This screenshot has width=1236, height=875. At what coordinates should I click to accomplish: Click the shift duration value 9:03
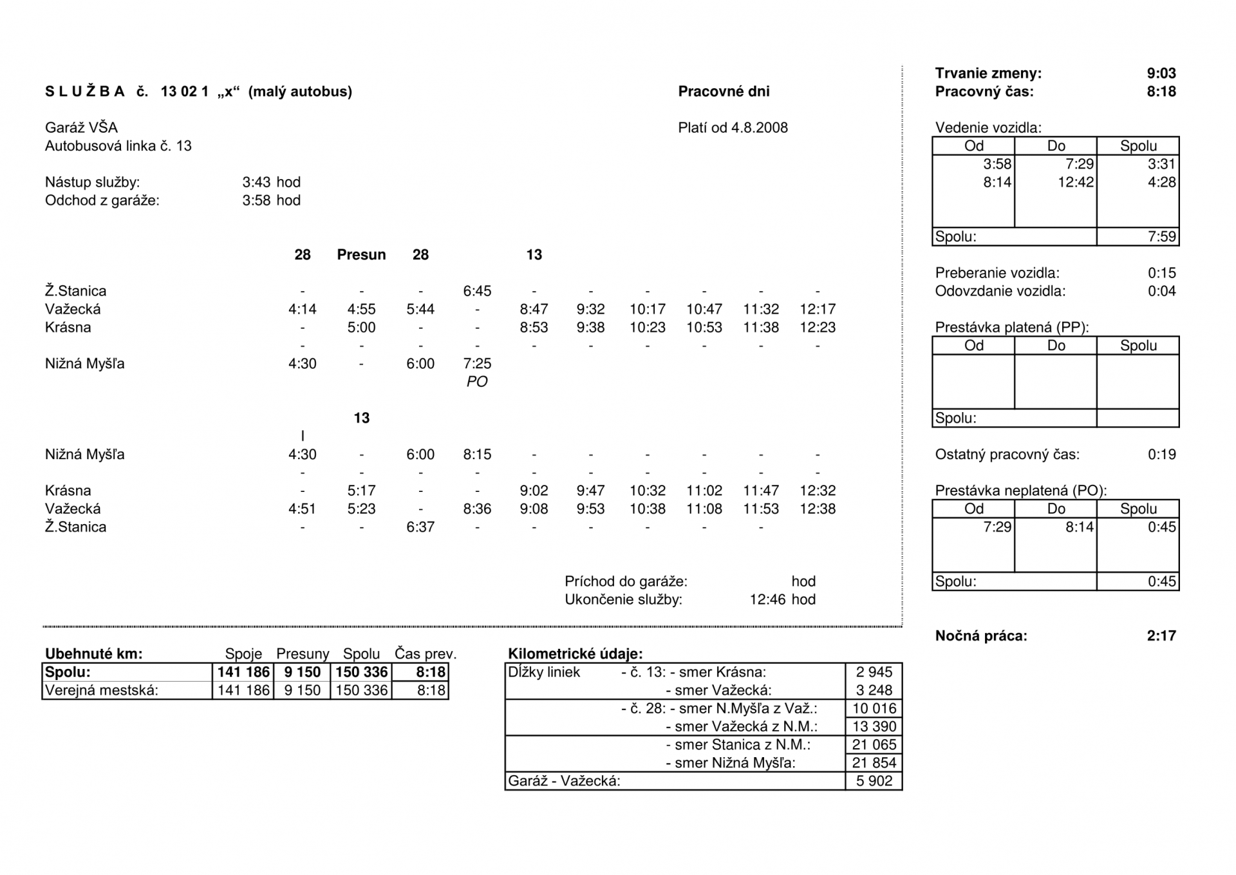[x=1161, y=73]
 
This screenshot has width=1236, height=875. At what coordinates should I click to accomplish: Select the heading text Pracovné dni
[x=724, y=91]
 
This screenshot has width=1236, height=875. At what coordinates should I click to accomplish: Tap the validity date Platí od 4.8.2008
[x=733, y=127]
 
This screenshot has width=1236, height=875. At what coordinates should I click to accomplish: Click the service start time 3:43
[x=257, y=182]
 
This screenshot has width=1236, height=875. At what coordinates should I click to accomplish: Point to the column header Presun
[x=361, y=255]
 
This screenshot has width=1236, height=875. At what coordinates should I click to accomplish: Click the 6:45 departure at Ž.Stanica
[x=477, y=291]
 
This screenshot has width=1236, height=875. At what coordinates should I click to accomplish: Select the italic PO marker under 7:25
[x=477, y=382]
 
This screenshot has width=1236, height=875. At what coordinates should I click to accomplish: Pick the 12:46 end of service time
[x=768, y=600]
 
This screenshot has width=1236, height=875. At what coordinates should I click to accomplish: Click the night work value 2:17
[x=1161, y=636]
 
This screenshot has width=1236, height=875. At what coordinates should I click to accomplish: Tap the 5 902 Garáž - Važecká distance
[x=874, y=781]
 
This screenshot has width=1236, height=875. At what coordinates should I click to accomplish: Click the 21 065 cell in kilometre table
[x=874, y=745]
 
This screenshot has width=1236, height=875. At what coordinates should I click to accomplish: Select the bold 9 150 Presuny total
[x=302, y=672]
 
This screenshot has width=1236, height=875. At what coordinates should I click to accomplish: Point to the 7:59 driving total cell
[x=1161, y=236]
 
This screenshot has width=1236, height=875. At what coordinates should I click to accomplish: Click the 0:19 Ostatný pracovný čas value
[x=1161, y=455]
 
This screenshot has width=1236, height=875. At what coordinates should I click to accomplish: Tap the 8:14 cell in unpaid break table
[x=1079, y=527]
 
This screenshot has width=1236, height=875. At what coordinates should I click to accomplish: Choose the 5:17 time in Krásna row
[x=361, y=491]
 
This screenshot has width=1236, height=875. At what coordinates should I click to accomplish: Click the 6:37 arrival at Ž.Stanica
[x=420, y=527]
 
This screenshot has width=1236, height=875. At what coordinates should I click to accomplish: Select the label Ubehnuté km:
[x=94, y=654]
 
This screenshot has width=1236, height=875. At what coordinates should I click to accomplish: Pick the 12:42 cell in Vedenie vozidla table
[x=1075, y=182]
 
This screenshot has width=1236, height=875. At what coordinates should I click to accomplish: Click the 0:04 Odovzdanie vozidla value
[x=1161, y=291]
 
